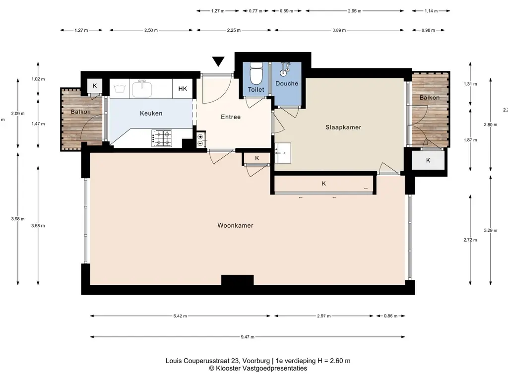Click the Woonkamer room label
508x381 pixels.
235,226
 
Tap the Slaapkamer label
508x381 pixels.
343,127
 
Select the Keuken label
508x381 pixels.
151,114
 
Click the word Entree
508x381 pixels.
231,117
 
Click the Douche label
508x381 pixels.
287,83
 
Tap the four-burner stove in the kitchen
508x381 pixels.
162,138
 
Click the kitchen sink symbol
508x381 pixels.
142,88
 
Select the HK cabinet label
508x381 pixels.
183,89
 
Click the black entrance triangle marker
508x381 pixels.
218,61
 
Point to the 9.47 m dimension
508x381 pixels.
248,337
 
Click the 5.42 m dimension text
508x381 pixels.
180,316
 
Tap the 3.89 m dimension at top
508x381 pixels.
339,30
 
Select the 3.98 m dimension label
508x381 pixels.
18,219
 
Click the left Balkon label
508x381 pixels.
81,112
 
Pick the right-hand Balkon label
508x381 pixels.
430,98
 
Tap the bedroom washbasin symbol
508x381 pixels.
283,153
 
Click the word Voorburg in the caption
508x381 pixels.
256,361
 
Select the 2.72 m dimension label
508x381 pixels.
470,240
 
